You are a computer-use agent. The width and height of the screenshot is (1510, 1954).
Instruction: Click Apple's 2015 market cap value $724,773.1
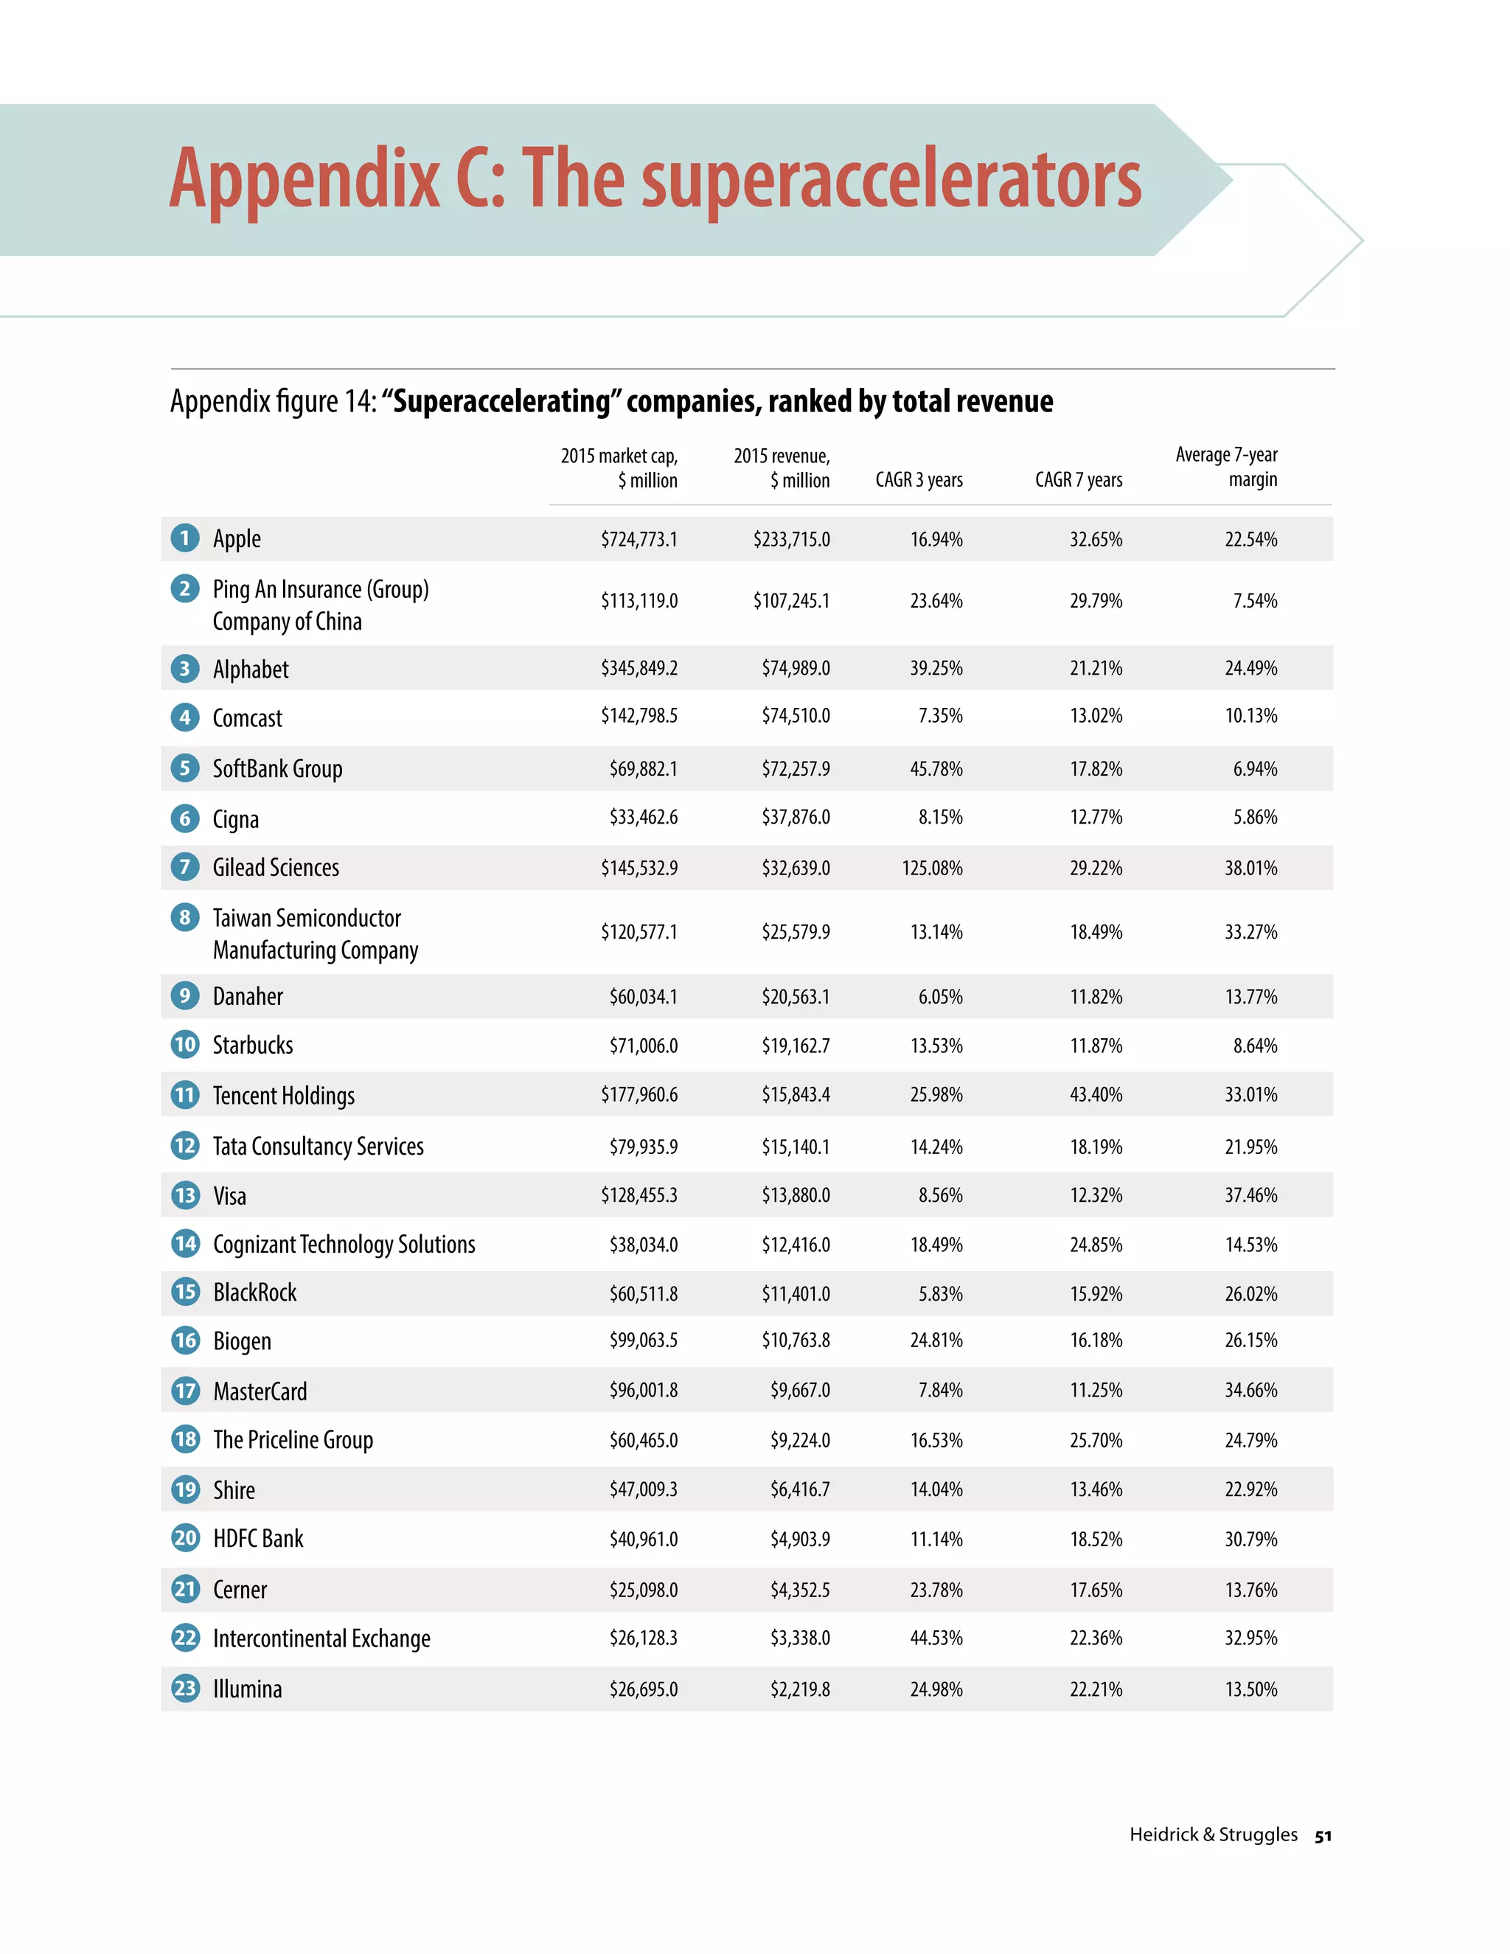639,540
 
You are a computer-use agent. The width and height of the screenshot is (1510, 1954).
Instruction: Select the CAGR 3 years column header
919,479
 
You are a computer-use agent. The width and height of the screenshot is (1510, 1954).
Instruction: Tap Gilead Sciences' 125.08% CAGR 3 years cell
932,868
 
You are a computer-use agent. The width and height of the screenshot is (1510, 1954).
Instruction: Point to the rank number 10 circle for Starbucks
185,1044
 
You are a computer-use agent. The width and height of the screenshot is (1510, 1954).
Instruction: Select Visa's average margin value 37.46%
1250,1195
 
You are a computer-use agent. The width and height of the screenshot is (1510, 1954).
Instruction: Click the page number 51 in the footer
1323,1836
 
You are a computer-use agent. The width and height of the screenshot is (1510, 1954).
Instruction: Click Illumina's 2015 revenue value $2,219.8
800,1689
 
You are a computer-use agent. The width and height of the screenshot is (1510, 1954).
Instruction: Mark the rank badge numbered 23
185,1689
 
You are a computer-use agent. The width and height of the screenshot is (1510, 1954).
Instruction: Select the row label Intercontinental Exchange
321,1638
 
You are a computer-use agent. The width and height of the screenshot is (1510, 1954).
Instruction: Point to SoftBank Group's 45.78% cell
936,769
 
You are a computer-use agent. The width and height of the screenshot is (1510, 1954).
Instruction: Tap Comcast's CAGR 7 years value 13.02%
1096,716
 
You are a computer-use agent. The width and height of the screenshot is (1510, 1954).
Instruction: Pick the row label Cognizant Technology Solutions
344,1245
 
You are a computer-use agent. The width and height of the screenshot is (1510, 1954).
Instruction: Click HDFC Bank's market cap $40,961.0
643,1539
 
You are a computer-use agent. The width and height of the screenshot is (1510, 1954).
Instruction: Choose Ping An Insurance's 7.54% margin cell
1254,601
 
